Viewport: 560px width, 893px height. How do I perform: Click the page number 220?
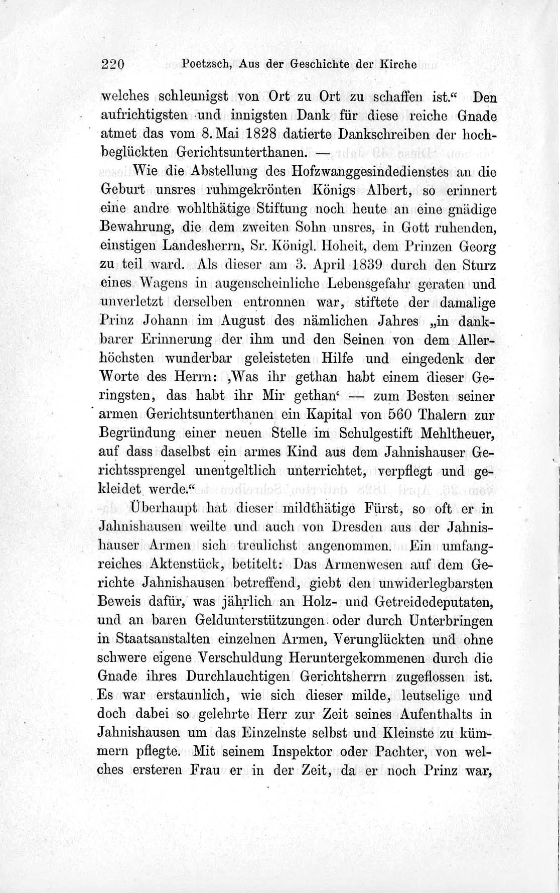pyautogui.click(x=112, y=64)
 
